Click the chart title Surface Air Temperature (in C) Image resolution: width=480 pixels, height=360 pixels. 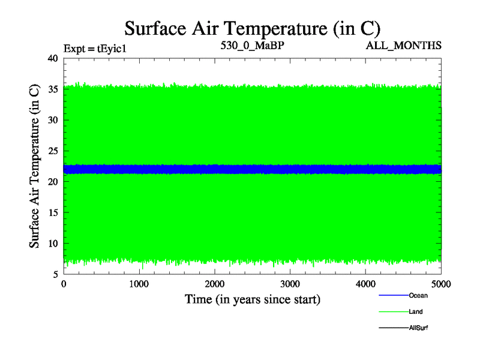point(252,28)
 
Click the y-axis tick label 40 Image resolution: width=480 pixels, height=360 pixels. point(52,58)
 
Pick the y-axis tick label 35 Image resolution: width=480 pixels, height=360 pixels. point(52,89)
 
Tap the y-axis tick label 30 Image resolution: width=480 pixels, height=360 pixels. point(52,120)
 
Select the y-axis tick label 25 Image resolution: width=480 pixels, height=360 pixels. point(52,151)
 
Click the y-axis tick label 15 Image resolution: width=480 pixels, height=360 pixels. point(52,212)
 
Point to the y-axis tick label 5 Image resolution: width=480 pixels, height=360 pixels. point(55,274)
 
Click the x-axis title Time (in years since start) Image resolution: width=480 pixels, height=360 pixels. point(252,299)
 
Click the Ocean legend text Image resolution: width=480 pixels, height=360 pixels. point(418,295)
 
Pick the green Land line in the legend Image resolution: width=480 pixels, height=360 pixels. point(393,312)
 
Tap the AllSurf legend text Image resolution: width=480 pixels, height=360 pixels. point(419,328)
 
